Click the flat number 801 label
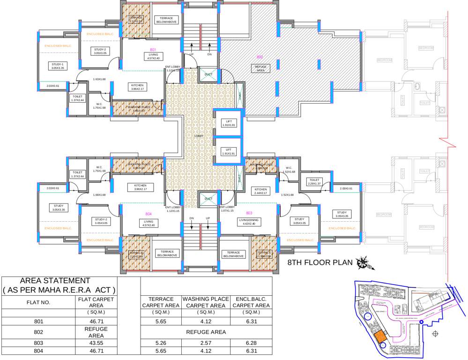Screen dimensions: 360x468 point(153,49)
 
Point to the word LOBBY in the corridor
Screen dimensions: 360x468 point(199,136)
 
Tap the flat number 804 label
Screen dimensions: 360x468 point(149,213)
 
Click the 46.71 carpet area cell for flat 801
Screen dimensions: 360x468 point(96,322)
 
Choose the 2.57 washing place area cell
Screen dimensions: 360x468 point(206,343)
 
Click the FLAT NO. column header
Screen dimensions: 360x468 point(38,302)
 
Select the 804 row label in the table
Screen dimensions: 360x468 point(38,351)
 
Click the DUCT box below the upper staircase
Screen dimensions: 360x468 point(208,74)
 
